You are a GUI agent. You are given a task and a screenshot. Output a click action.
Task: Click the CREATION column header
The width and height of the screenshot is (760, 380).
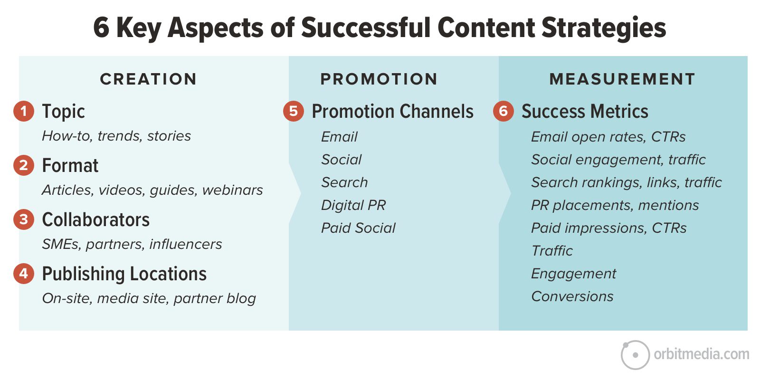[x=148, y=79]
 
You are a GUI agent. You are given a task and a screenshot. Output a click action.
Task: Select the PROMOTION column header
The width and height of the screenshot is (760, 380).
[x=379, y=79]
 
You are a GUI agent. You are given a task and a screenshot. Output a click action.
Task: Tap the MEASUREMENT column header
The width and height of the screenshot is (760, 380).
[x=622, y=79]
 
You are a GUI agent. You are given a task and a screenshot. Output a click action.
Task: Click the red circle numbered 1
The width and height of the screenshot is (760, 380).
[x=24, y=111]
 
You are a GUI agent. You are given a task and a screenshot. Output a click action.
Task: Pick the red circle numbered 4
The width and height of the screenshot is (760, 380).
[x=24, y=274]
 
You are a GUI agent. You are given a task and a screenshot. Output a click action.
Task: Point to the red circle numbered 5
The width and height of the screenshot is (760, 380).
[x=294, y=111]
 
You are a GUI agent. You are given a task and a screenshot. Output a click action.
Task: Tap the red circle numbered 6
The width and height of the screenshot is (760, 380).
[x=503, y=111]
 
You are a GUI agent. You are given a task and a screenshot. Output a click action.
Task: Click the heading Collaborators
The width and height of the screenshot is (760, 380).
[x=95, y=219]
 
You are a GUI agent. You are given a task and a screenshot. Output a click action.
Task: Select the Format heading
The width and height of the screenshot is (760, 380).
[x=70, y=165]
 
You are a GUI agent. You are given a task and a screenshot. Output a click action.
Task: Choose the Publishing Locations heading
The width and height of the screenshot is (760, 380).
[x=124, y=274]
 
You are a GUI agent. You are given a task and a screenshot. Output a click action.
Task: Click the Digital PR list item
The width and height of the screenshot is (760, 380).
[x=353, y=205]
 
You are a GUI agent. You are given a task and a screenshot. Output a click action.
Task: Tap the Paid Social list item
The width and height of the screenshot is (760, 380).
[x=358, y=228]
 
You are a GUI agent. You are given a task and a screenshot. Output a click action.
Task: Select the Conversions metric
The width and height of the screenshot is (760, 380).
[x=572, y=296]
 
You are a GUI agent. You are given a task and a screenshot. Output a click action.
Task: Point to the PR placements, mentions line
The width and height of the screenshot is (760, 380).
[x=615, y=205]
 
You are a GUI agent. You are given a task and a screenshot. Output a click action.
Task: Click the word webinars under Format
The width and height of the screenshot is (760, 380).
[x=232, y=190]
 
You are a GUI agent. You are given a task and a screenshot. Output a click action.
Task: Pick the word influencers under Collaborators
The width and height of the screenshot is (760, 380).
[x=186, y=244]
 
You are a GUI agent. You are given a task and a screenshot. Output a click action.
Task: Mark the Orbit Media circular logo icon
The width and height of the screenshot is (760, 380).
[x=635, y=355]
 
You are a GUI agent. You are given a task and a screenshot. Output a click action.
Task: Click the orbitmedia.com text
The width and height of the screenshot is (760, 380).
[x=701, y=354]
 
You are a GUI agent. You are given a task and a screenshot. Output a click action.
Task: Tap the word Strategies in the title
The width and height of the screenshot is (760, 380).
[x=604, y=28]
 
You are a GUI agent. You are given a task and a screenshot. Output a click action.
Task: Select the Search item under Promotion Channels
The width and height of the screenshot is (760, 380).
[x=344, y=182]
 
